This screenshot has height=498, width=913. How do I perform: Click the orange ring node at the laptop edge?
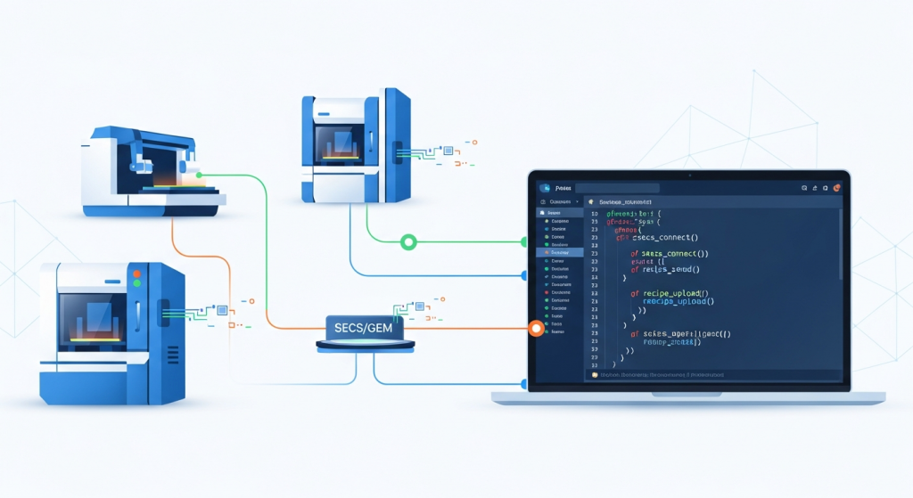click(x=535, y=329)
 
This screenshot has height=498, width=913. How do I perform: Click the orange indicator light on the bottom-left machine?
click(x=136, y=268)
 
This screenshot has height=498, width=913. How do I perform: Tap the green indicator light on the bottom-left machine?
click(x=136, y=282)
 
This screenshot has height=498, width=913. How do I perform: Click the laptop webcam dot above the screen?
click(x=688, y=175)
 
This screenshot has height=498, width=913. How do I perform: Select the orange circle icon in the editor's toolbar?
click(x=836, y=188)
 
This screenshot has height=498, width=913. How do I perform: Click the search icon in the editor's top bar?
click(x=804, y=188)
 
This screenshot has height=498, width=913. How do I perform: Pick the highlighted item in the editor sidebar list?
click(x=560, y=253)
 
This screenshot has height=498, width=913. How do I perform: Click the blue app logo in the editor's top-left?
click(x=542, y=189)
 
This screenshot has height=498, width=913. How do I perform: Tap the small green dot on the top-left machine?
click(x=198, y=175)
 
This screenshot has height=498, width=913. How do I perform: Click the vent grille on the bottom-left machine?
click(x=163, y=312)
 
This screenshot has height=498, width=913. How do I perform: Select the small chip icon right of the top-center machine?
click(x=448, y=151)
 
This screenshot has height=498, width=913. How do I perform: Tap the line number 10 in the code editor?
click(x=594, y=215)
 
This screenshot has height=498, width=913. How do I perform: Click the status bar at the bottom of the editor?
click(x=713, y=376)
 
